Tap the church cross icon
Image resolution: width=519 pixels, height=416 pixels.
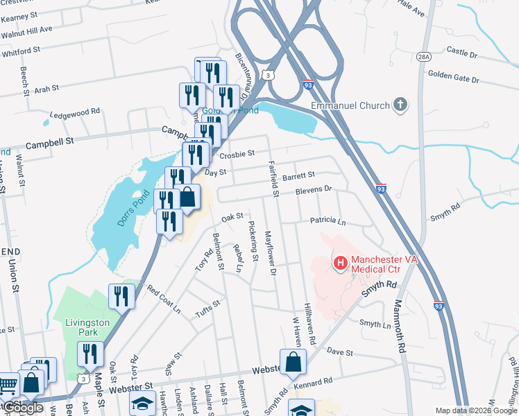399,105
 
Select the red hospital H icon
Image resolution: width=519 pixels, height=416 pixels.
341,263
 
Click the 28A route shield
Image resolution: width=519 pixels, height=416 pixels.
425,56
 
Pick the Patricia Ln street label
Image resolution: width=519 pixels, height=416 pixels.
327,221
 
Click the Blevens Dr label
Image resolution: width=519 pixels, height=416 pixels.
314,189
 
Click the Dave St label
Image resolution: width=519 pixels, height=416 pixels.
341,352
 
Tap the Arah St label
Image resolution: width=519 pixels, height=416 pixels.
47,89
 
